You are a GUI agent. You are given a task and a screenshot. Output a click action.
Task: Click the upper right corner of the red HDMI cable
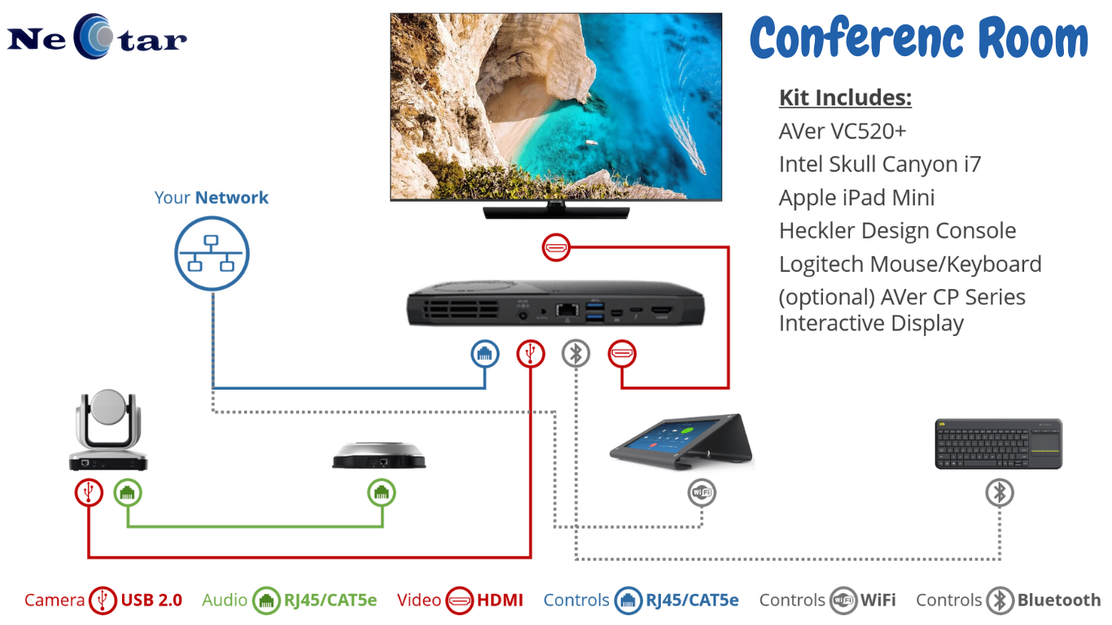(x=728, y=247)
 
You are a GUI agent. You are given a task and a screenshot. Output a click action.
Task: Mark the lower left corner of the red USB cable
(x=89, y=557)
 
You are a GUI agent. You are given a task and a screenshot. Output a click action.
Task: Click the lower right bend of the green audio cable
(x=383, y=526)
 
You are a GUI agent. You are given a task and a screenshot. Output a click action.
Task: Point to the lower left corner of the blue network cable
(x=213, y=387)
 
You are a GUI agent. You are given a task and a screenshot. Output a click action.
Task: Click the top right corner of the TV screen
(x=721, y=14)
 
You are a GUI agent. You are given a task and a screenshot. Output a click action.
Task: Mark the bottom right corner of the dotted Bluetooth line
(x=1000, y=559)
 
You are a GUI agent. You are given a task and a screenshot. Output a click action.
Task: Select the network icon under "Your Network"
(x=212, y=253)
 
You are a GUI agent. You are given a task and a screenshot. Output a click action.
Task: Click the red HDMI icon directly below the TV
(x=555, y=247)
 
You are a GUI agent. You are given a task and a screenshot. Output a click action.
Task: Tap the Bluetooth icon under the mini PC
(x=576, y=353)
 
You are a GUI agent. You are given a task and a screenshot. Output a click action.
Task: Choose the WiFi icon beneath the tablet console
(x=702, y=492)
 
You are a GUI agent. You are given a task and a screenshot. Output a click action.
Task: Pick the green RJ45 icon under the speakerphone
(x=381, y=492)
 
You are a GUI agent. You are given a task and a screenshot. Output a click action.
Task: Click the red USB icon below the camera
(x=89, y=492)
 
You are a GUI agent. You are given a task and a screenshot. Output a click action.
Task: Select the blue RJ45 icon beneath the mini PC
(x=484, y=353)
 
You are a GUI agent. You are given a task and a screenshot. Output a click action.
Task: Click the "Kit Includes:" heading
(x=845, y=98)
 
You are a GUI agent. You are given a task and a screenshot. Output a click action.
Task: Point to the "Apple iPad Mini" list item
(x=856, y=198)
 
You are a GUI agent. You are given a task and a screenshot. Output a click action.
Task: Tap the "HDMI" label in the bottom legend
(x=500, y=600)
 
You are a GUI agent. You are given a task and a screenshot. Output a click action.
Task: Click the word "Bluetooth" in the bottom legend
(x=1059, y=600)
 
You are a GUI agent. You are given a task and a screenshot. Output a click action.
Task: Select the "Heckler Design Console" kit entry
(x=897, y=231)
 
